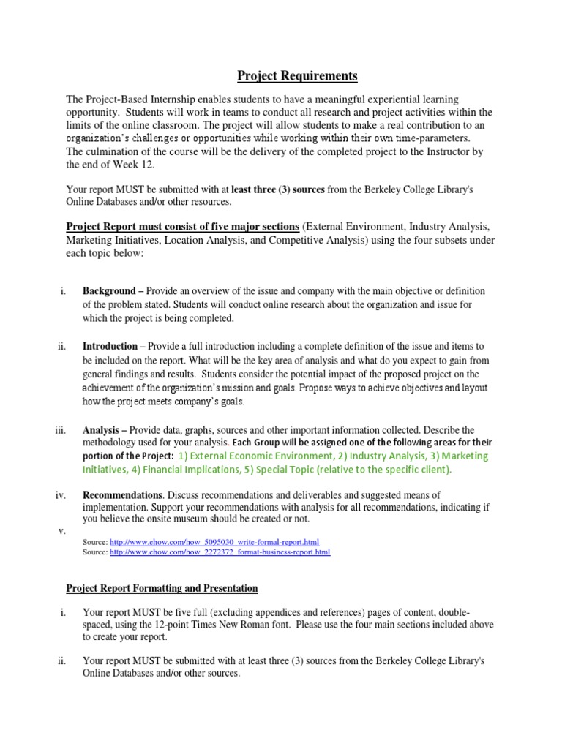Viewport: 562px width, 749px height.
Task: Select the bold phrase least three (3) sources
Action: click(x=277, y=189)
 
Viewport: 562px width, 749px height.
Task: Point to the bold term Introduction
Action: click(x=110, y=346)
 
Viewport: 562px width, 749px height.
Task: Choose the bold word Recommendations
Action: click(x=121, y=495)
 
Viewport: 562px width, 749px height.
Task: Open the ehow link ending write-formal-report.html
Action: click(x=214, y=542)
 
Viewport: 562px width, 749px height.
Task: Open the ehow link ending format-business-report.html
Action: click(x=220, y=552)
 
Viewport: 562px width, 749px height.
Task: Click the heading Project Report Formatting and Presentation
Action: click(x=162, y=587)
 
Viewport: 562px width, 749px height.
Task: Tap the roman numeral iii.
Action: click(x=61, y=429)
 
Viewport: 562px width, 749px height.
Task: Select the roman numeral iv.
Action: click(x=61, y=495)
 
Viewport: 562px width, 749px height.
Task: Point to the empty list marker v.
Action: click(x=61, y=530)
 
